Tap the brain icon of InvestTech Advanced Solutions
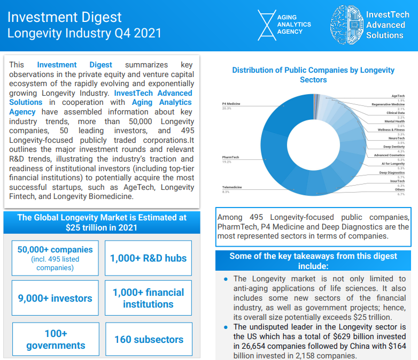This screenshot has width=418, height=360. click(x=345, y=25)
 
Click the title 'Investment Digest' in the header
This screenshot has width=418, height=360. click(x=65, y=18)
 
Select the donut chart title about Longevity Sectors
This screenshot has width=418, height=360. click(x=313, y=75)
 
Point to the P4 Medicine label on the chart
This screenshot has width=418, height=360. click(x=231, y=103)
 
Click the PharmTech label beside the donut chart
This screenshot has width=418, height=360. click(x=230, y=157)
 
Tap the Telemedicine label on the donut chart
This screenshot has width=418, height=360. click(x=232, y=187)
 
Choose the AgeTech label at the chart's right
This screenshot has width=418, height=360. click(x=398, y=96)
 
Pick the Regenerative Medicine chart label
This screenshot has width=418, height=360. click(x=388, y=105)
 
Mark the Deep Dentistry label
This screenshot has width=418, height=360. click(x=394, y=147)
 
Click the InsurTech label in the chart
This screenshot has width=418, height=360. click(x=397, y=181)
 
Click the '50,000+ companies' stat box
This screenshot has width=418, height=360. click(x=55, y=257)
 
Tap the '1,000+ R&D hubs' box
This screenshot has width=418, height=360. click(x=148, y=258)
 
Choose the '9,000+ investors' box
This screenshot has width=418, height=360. click(x=55, y=298)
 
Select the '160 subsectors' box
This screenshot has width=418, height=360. click(x=149, y=339)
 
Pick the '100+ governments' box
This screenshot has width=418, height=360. click(x=56, y=339)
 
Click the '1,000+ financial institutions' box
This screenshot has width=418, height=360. click(x=148, y=298)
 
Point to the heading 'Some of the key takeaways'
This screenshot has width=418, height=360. click(x=313, y=261)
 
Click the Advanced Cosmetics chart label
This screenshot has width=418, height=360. click(x=389, y=155)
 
